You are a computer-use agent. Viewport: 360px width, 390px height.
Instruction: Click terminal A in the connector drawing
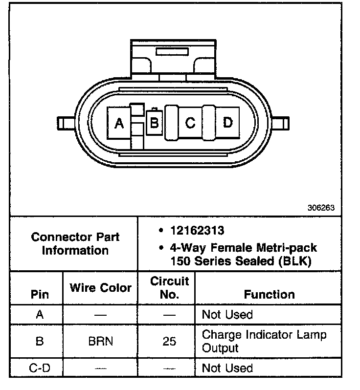pyautogui.click(x=119, y=124)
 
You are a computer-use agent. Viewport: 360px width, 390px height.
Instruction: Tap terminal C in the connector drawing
pyautogui.click(x=190, y=123)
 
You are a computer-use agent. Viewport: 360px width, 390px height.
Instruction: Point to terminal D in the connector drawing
pyautogui.click(x=227, y=122)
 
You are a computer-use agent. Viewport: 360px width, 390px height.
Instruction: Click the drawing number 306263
pyautogui.click(x=321, y=207)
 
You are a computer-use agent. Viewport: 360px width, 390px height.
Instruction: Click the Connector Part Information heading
pyautogui.click(x=75, y=243)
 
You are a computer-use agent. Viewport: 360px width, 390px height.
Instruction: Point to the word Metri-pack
pyautogui.click(x=288, y=248)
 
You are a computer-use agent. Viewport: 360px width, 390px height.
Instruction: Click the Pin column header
pyautogui.click(x=40, y=295)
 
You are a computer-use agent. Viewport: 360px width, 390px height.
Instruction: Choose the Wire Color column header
pyautogui.click(x=100, y=287)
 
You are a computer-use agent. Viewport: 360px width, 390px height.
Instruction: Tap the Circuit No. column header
pyautogui.click(x=169, y=288)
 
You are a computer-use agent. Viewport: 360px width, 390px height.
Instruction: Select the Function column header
pyautogui.click(x=269, y=294)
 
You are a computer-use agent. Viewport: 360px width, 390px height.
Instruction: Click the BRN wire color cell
pyautogui.click(x=100, y=341)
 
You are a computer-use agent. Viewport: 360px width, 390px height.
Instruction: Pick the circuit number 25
pyautogui.click(x=169, y=341)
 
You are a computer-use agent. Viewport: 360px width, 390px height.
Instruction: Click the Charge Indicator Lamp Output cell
pyautogui.click(x=264, y=341)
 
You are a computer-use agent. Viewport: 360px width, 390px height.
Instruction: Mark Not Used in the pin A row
pyautogui.click(x=227, y=315)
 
